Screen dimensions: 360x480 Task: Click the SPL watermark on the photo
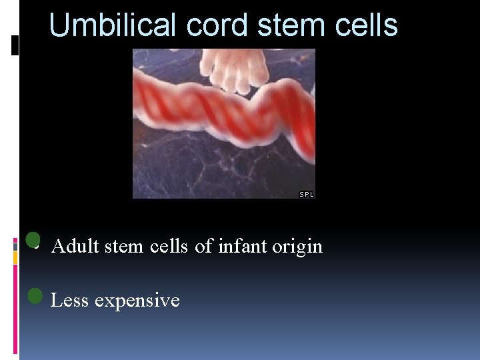306,195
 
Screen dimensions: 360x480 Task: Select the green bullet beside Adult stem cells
33,240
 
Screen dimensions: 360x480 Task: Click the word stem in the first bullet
123,247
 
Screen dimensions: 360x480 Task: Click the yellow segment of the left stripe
16,259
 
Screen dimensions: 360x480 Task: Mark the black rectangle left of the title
15,45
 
